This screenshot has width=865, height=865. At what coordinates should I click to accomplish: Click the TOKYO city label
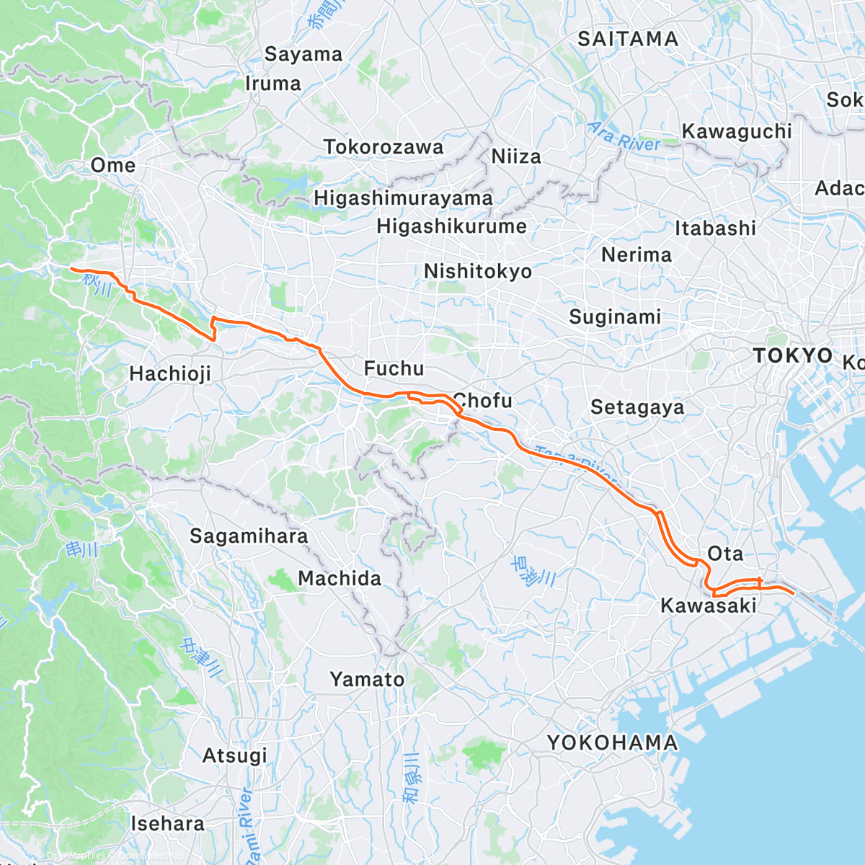coord(792,355)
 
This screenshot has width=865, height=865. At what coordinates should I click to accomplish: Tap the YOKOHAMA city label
coord(612,742)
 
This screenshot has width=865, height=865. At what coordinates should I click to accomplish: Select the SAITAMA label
coord(628,39)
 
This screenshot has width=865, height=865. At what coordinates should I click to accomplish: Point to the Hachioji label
coord(170,373)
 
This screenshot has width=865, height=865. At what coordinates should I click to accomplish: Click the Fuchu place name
coord(394,368)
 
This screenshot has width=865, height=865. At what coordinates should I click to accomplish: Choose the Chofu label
coord(482,401)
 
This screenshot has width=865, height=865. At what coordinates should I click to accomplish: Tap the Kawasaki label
coord(709,605)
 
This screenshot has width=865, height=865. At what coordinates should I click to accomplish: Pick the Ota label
coord(725,554)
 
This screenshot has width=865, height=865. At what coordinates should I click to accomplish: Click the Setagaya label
coord(637,407)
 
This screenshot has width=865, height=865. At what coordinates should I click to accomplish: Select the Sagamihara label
coord(249,536)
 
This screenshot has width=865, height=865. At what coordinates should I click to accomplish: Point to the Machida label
coord(340,578)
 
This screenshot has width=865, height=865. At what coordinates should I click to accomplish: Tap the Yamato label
coord(367,679)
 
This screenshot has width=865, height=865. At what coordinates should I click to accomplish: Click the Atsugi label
coord(234,755)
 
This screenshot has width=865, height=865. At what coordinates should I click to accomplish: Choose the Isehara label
coord(167,823)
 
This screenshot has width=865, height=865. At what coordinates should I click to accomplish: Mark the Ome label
coord(113,165)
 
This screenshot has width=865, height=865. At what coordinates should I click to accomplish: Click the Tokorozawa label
coord(383,147)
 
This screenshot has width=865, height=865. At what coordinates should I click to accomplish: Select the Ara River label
coord(624,137)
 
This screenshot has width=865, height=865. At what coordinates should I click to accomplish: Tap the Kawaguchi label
coord(737,131)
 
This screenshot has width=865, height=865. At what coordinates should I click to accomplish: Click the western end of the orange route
coord(71,269)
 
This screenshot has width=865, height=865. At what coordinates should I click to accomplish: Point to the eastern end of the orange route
coord(794,593)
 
